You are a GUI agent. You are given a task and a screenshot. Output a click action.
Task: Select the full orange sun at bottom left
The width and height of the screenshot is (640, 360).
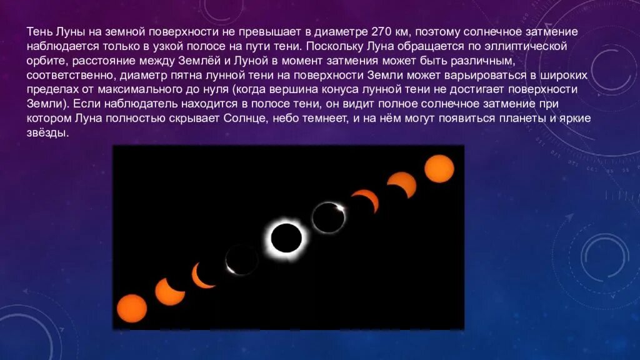132,307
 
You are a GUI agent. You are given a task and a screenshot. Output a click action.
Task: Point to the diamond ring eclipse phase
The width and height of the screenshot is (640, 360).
329,216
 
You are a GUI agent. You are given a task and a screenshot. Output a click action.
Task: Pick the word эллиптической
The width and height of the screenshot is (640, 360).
530,46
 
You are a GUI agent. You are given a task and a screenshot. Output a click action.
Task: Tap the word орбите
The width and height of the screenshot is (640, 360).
46,61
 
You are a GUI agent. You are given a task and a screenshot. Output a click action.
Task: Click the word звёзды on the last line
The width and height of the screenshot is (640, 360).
47,134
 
